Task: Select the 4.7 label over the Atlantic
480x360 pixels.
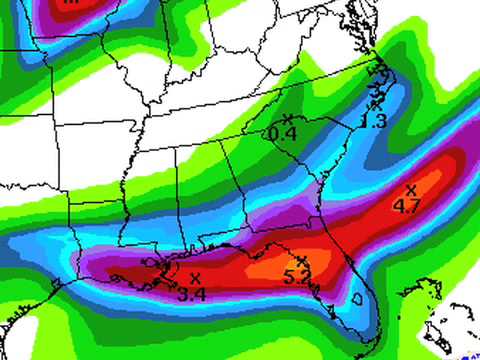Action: (407, 206)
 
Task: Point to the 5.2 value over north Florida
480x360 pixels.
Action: (297, 277)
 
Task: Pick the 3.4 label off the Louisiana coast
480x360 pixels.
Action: (191, 294)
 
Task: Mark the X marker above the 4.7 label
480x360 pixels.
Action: (410, 189)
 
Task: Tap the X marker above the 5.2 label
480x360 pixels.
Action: (300, 261)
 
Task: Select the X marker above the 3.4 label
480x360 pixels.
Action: (195, 277)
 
